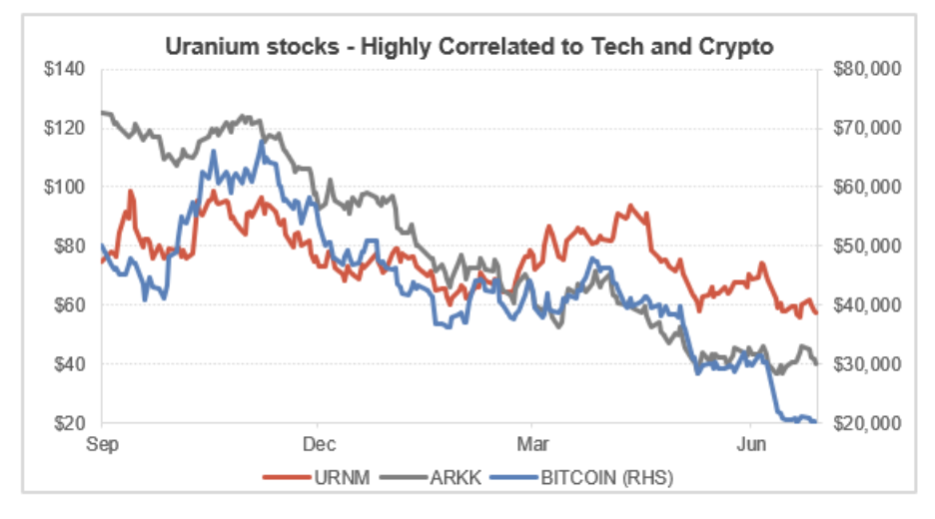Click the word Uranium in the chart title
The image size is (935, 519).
[203, 47]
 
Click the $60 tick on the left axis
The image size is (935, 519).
[73, 304]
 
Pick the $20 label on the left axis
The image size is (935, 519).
[73, 422]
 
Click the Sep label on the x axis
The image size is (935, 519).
[102, 442]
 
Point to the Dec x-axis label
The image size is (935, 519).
[318, 442]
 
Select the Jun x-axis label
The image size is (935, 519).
[749, 442]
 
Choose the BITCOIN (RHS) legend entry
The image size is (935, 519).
[591, 477]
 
